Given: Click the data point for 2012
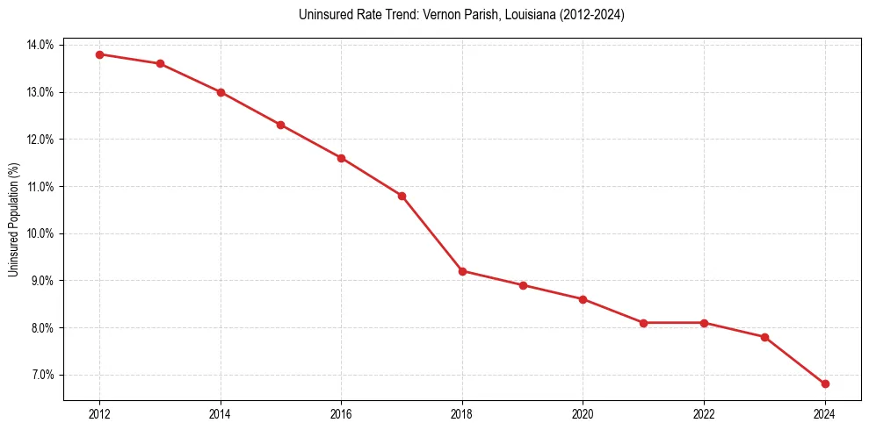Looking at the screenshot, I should (99, 54).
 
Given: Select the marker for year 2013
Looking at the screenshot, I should (160, 64).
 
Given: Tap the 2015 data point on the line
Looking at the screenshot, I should (280, 125).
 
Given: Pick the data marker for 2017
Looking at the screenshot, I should (402, 196).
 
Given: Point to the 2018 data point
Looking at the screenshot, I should (462, 271).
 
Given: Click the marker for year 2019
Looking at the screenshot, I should (523, 285).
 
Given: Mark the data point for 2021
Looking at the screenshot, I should (643, 323).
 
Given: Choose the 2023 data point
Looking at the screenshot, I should (764, 337).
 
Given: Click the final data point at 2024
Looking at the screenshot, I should (825, 384).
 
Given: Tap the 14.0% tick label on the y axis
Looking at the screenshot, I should (40, 45).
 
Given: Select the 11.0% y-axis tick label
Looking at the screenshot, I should (40, 187).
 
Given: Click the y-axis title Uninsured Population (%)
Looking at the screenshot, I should (13, 219).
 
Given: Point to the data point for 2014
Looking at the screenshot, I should (221, 92).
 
